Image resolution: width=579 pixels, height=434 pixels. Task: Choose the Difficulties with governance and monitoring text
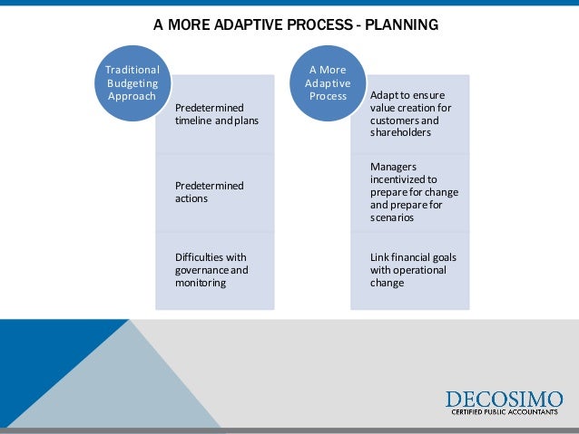click(212, 270)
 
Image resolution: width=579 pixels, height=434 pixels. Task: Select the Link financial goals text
click(413, 270)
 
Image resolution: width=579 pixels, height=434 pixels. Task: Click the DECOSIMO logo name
click(504, 398)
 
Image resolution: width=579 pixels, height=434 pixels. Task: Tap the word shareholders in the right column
click(400, 132)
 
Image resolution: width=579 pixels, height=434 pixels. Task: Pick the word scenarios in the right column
click(392, 217)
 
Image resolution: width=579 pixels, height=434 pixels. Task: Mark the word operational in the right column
click(425, 270)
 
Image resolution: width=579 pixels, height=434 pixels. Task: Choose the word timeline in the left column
click(193, 121)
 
